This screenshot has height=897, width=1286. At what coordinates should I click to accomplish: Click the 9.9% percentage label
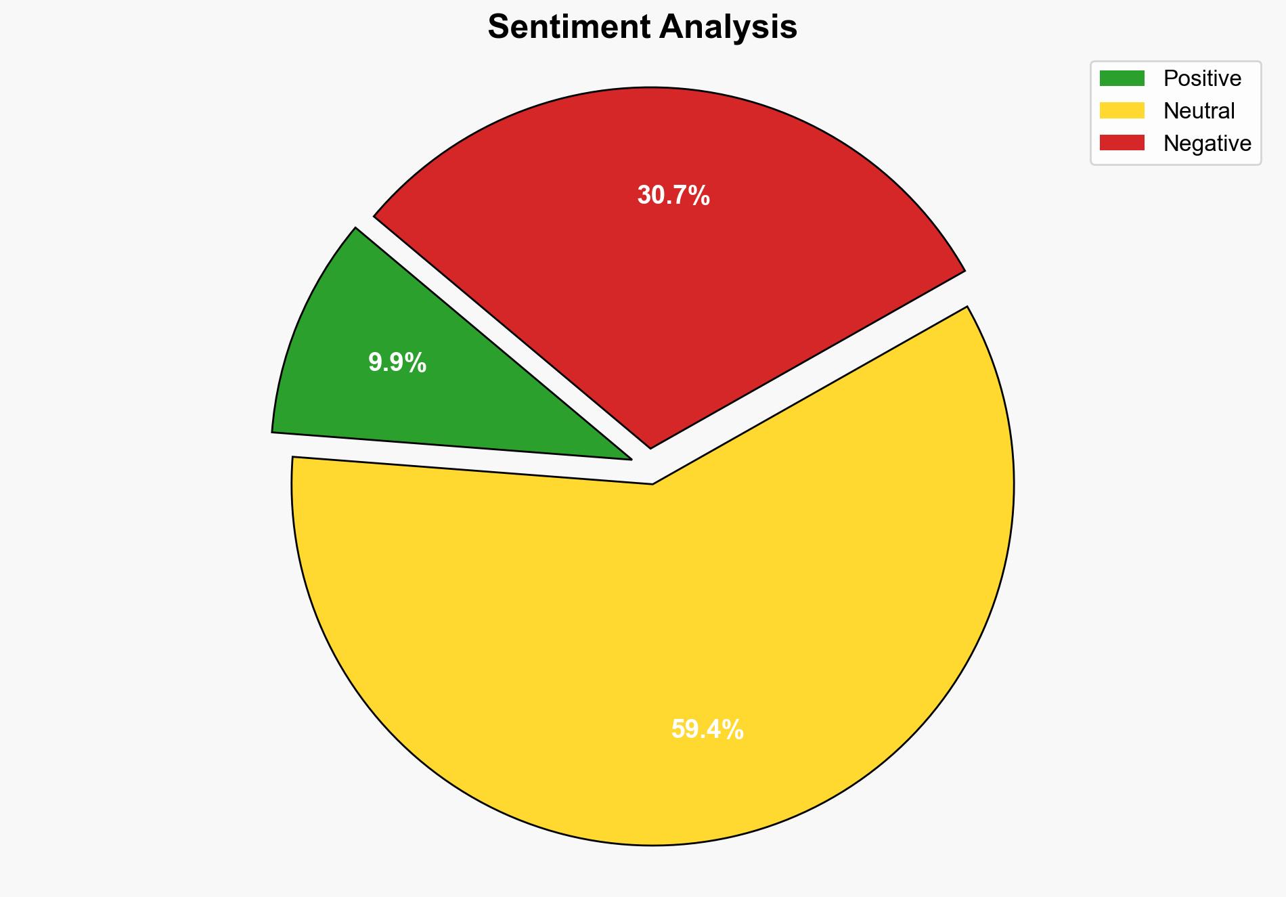click(x=397, y=363)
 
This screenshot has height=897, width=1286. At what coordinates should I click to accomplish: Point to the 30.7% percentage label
click(x=673, y=196)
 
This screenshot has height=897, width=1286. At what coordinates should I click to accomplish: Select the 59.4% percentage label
click(x=707, y=730)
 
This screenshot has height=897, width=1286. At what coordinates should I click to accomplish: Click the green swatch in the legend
click(x=1122, y=79)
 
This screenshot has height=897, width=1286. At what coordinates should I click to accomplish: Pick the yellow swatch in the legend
click(x=1122, y=110)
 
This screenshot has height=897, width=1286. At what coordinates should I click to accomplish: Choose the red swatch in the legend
click(x=1122, y=143)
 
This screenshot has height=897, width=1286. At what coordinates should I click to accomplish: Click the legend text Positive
click(x=1202, y=79)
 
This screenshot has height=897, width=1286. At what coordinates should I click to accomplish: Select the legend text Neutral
click(x=1199, y=110)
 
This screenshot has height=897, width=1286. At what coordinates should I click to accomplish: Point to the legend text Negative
click(x=1207, y=143)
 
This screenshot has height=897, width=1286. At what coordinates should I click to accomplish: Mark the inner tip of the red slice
click(x=650, y=447)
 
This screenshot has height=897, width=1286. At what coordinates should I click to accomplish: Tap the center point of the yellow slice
click(x=652, y=484)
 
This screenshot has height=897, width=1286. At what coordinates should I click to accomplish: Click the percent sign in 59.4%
click(x=734, y=730)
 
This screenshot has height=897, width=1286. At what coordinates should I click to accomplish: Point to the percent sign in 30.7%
click(x=700, y=196)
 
